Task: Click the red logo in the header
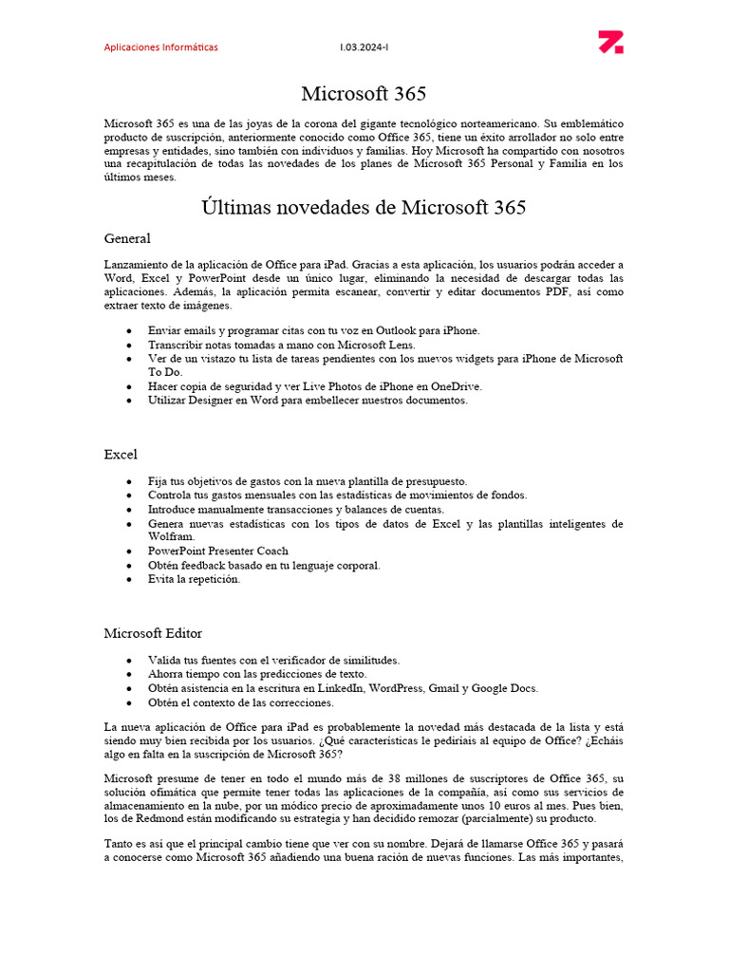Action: click(x=610, y=43)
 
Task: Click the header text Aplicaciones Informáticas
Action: click(x=160, y=47)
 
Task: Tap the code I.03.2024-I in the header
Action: click(x=364, y=47)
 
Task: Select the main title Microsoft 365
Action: click(x=364, y=93)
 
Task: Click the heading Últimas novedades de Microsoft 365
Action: click(x=364, y=207)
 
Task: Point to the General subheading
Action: click(x=127, y=238)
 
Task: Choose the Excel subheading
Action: click(x=121, y=455)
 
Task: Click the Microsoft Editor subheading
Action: click(x=153, y=633)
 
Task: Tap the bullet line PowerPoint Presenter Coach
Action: click(x=218, y=551)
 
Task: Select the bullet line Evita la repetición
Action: click(x=195, y=579)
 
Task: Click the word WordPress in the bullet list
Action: click(x=397, y=688)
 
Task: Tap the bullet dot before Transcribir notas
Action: click(x=128, y=345)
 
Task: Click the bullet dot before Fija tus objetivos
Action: click(x=128, y=481)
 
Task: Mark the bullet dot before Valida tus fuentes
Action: click(x=128, y=660)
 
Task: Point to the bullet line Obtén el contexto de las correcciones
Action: click(x=241, y=702)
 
